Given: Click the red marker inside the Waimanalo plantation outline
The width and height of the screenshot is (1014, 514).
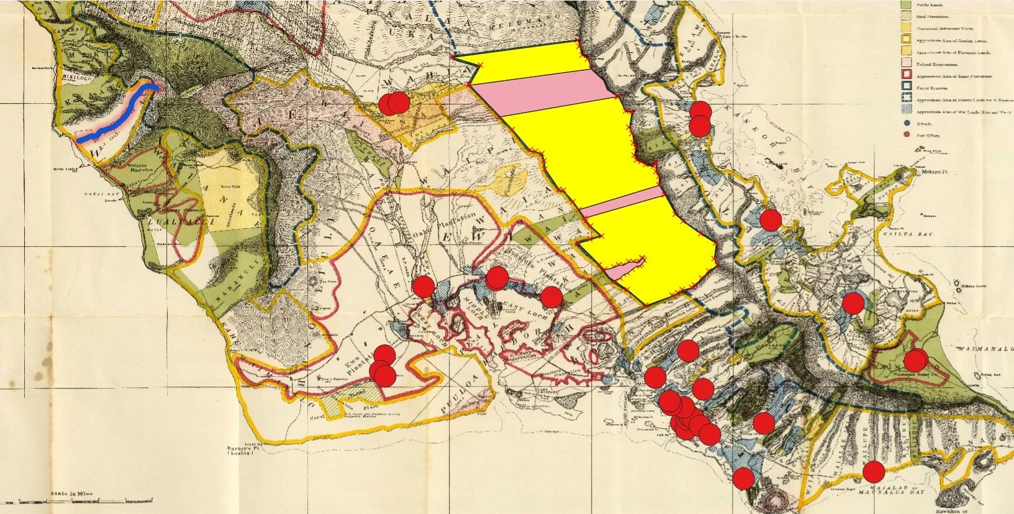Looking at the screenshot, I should pyautogui.click(x=915, y=360).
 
